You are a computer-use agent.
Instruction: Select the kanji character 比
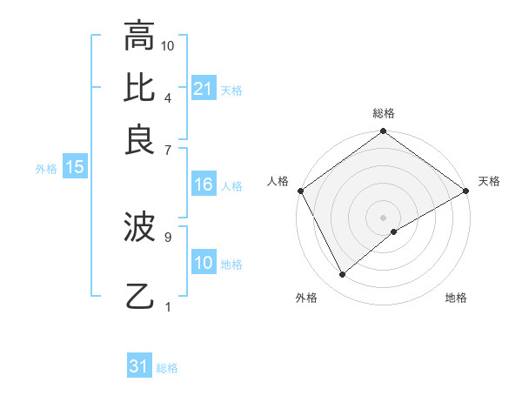pos(140,87)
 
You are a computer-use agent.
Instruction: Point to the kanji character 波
pos(140,228)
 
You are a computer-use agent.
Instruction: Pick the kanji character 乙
pos(140,296)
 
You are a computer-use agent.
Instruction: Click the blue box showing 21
pos(203,89)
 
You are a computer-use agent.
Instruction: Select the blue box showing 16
pos(203,184)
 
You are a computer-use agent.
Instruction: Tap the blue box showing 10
pos(203,263)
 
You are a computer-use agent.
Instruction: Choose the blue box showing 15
pos(74,168)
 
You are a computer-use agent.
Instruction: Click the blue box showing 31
pos(139,366)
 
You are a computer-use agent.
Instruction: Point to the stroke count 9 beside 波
pos(168,236)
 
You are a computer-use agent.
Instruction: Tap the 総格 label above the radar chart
pos(384,113)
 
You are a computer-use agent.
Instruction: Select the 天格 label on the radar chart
pos(489,181)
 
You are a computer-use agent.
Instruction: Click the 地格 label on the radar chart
pos(456,298)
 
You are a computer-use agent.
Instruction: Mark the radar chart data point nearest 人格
pos(300,191)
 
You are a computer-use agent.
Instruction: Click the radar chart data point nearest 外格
pos(343,275)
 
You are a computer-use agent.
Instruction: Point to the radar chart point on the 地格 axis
pos(394,231)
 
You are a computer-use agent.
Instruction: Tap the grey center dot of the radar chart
pos(384,217)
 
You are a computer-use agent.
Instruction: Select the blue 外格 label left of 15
pos(46,169)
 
